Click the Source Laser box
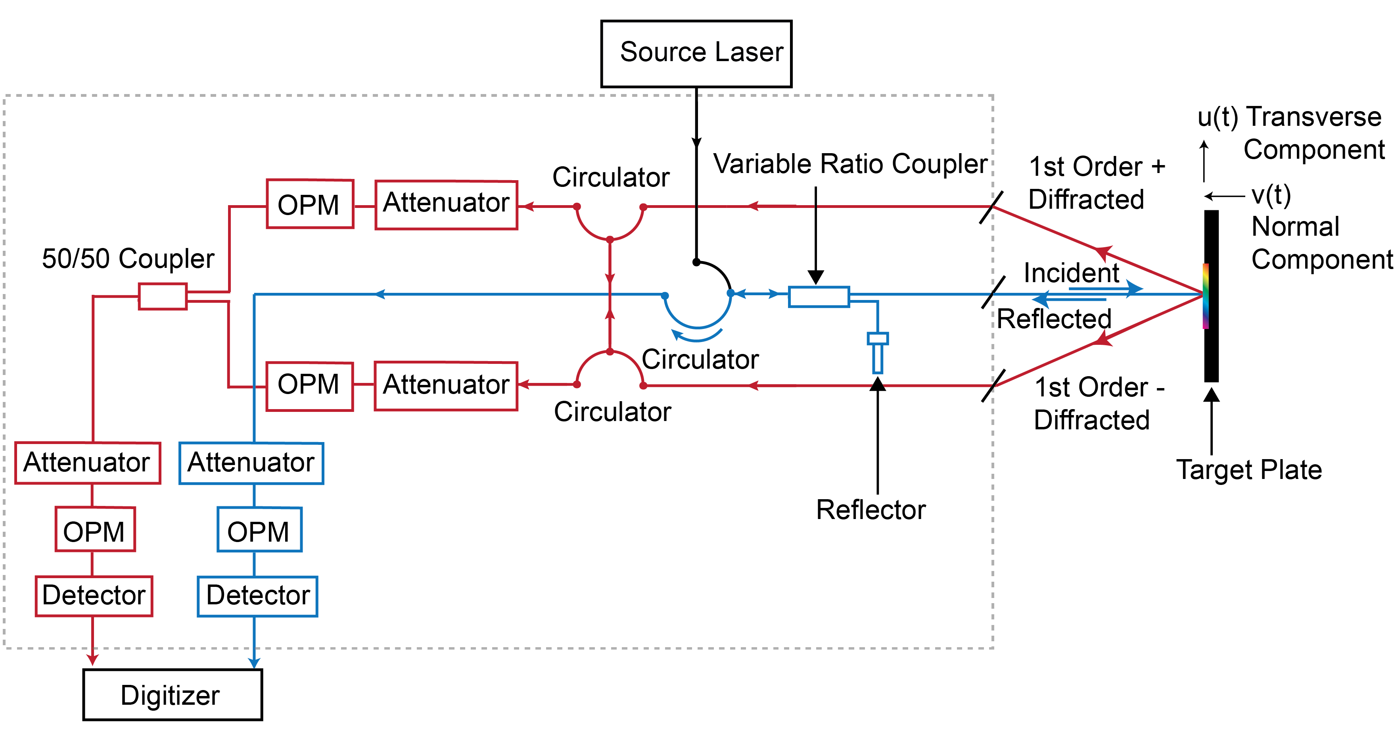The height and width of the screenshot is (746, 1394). click(x=696, y=54)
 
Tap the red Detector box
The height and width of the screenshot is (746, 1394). click(x=94, y=596)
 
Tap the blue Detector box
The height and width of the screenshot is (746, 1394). click(x=258, y=596)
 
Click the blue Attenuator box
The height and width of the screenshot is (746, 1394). click(x=251, y=463)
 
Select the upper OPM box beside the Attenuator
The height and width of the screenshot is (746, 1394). click(x=310, y=204)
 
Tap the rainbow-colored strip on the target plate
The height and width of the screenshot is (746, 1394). click(x=1206, y=296)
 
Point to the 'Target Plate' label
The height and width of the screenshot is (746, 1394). click(x=1249, y=469)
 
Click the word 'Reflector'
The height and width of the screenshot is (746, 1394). click(x=871, y=510)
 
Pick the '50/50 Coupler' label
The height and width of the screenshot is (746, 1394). click(x=128, y=258)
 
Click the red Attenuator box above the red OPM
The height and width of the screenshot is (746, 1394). click(x=88, y=463)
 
